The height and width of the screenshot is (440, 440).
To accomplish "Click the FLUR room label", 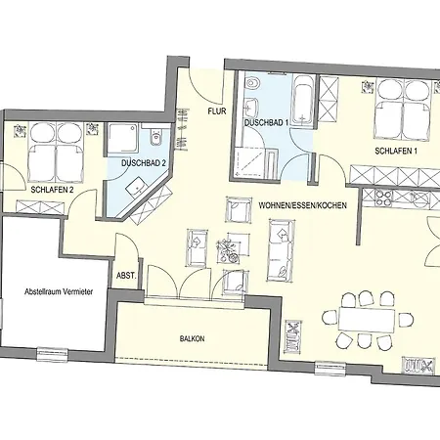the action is (217, 111).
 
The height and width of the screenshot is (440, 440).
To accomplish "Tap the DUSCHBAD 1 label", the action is (267, 123).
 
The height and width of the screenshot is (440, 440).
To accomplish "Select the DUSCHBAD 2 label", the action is (144, 163).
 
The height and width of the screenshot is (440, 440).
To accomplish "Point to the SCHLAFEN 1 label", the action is (396, 152).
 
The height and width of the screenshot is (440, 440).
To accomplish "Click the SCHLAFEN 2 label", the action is (52, 190).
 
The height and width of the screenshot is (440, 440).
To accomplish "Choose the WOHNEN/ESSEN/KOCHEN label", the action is (302, 205).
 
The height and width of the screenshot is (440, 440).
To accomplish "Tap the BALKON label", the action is (193, 339).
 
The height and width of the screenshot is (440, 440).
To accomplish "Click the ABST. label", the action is (126, 276).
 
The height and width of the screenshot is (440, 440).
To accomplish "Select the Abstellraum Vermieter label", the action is (59, 291).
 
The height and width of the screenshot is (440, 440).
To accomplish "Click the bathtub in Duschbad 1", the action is (303, 101).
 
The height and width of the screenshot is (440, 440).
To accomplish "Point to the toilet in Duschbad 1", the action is (252, 83).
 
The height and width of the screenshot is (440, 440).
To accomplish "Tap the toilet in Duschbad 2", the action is (155, 137).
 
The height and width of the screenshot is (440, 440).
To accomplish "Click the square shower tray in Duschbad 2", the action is (123, 138).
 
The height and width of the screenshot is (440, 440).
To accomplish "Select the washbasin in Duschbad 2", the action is (137, 186).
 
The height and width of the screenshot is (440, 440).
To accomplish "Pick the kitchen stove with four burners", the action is (383, 198).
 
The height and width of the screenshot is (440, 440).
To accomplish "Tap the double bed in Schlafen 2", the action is (57, 153).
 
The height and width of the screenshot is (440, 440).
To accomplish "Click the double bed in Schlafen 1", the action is (404, 110).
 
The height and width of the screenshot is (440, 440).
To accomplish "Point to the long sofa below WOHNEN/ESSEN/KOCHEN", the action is (282, 250).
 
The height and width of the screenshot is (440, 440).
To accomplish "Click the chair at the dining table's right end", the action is (406, 320).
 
